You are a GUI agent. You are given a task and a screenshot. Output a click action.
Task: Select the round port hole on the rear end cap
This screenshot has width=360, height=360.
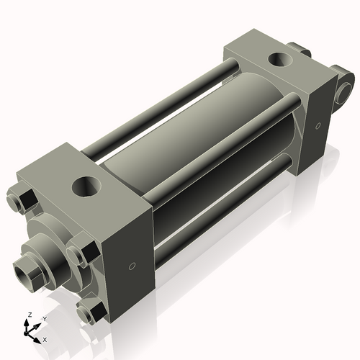[278, 59]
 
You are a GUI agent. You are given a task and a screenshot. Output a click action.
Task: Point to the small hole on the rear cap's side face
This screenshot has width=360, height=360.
[318, 126]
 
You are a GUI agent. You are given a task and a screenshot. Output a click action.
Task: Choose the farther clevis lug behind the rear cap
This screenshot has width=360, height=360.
[301, 51]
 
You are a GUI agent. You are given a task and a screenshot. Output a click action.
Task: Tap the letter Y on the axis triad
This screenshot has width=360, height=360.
[44, 318]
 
